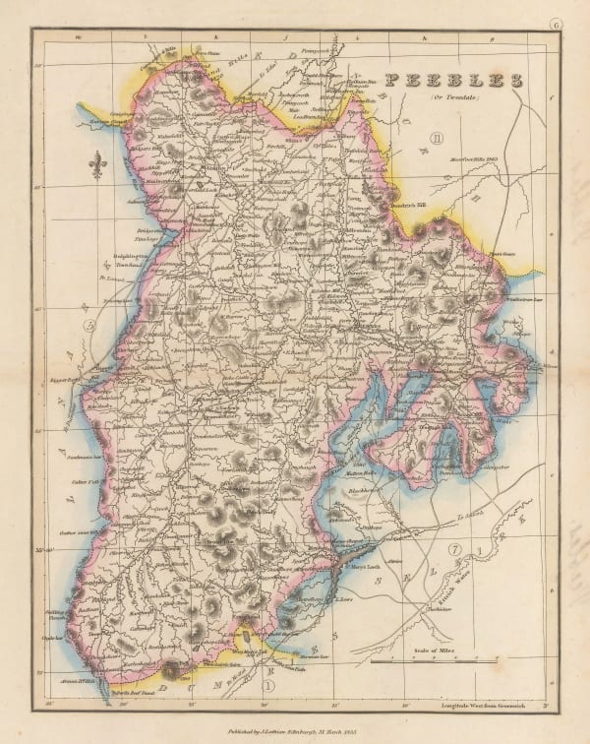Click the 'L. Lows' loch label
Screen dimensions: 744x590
point(344,596)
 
